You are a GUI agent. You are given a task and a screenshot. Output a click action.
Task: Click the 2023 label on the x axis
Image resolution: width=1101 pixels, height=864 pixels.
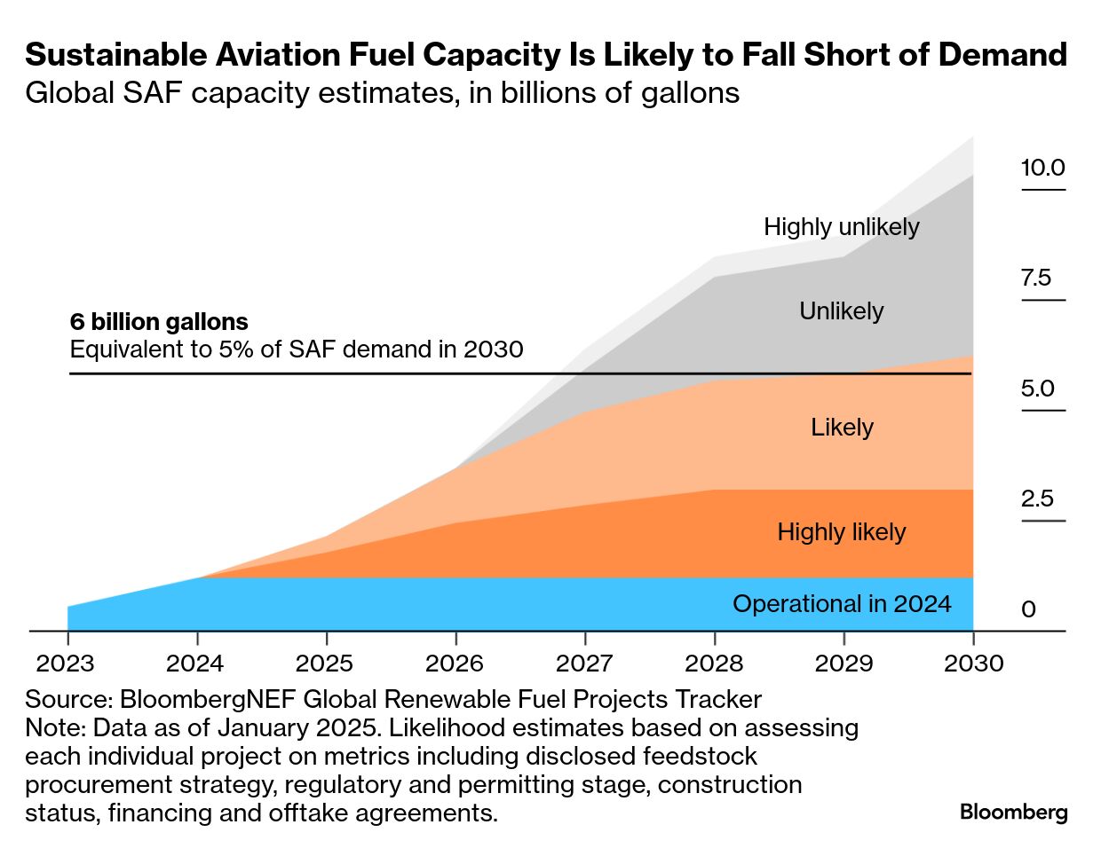(x=65, y=664)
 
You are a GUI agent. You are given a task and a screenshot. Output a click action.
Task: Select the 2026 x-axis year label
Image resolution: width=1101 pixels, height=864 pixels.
(x=455, y=664)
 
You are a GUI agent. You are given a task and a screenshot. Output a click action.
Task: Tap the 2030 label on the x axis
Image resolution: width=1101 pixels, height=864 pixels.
(x=974, y=664)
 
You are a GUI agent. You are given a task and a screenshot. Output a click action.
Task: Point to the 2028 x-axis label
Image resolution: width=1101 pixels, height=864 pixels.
(x=714, y=664)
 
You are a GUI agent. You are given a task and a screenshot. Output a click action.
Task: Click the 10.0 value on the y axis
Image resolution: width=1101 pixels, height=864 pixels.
(x=1042, y=168)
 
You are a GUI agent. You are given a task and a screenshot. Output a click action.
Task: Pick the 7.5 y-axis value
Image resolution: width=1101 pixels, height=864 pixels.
(x=1035, y=278)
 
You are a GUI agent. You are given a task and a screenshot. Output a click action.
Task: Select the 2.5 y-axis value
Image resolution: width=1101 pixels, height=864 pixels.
(x=1037, y=499)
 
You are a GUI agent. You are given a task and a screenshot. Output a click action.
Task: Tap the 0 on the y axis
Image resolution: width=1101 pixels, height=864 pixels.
(x=1028, y=609)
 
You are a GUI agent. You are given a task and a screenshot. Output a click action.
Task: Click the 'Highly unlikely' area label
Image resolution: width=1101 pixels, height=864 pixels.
(x=841, y=227)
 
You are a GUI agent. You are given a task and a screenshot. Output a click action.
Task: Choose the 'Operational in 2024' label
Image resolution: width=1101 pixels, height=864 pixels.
(x=841, y=604)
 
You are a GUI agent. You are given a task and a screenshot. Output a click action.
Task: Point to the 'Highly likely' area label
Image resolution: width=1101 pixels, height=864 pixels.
(x=841, y=532)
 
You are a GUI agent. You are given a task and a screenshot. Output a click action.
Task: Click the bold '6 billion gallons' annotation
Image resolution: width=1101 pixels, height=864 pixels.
(x=159, y=321)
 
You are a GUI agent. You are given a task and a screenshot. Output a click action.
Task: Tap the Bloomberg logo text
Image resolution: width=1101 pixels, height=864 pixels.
(x=1013, y=812)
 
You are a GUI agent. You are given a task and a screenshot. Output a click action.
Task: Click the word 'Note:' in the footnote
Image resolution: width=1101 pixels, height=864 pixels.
(x=55, y=727)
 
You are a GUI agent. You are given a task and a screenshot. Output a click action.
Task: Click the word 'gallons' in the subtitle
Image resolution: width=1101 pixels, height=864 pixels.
(x=691, y=93)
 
